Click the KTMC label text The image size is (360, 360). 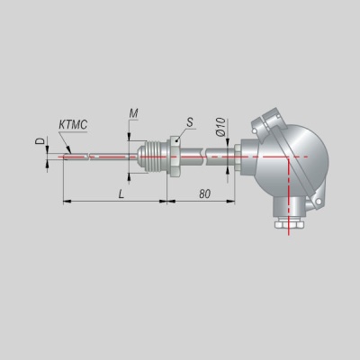73,124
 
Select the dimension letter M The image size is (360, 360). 133,113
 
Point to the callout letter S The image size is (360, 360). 190,122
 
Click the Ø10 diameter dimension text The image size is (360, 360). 220,127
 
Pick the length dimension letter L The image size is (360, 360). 121,194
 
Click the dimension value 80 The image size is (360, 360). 204,194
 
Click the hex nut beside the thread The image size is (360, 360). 174,157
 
